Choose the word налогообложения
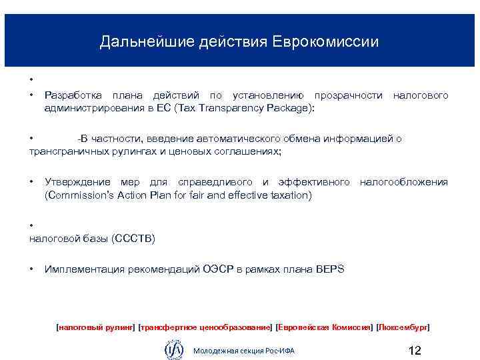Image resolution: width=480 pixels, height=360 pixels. click(404, 182)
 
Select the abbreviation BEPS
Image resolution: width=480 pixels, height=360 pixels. click(330, 269)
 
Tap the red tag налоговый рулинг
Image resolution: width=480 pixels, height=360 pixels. click(96, 327)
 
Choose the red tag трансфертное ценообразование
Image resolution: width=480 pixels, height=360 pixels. click(205, 327)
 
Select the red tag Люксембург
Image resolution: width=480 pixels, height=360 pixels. click(403, 327)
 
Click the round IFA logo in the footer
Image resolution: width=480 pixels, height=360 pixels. click(174, 348)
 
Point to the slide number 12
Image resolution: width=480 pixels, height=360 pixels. click(414, 350)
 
